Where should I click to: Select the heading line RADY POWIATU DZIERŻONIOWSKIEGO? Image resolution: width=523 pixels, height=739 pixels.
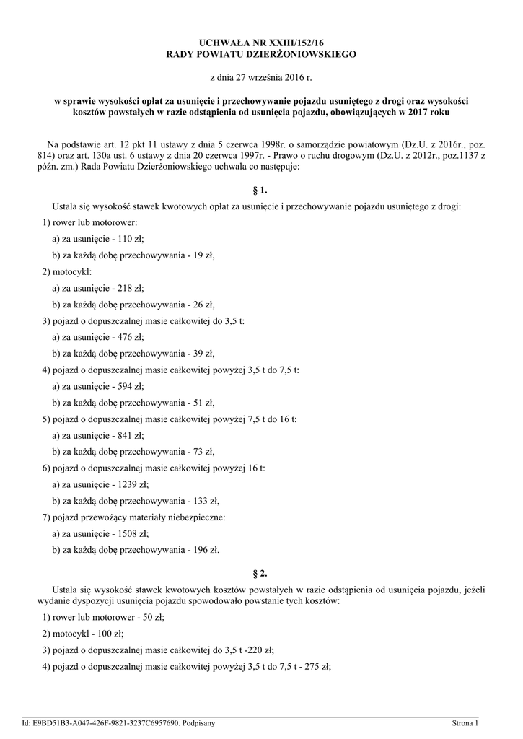click(261, 54)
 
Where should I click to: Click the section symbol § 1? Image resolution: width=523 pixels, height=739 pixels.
click(261, 191)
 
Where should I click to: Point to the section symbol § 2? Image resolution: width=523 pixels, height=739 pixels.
click(261, 574)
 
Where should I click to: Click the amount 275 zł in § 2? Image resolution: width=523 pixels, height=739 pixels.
click(317, 666)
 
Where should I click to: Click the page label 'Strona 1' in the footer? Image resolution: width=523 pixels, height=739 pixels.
click(465, 722)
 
